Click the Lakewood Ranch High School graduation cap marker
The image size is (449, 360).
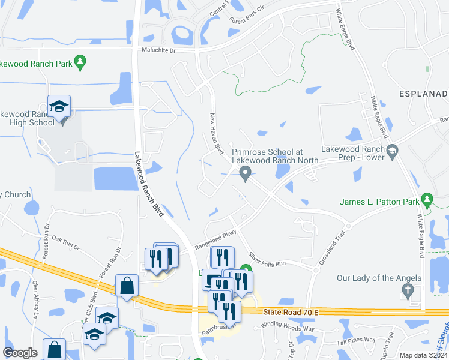(59, 107)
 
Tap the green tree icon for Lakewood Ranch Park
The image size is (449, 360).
(80, 61)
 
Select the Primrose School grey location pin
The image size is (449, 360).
(245, 173)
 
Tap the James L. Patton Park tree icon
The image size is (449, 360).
(427, 198)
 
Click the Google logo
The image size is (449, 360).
(20, 353)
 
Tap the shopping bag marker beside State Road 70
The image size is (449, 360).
(127, 285)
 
